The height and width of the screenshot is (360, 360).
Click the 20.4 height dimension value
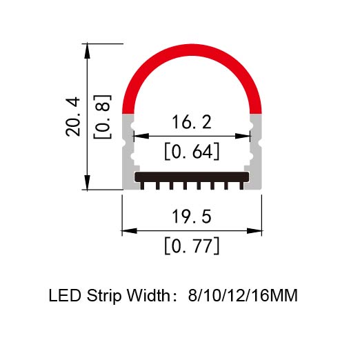point(73,117)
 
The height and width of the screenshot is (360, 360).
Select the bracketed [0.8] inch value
point(102,117)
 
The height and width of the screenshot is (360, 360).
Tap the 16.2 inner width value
point(192,122)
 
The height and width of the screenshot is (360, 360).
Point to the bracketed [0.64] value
point(192,152)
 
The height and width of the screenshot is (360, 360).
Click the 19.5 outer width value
point(192,217)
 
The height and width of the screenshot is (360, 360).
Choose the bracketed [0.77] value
point(192,246)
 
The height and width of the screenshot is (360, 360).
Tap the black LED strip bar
point(192,177)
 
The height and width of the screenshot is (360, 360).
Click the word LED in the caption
point(65,295)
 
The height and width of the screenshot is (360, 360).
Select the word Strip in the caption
point(104,297)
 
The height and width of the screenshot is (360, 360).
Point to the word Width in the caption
point(149,295)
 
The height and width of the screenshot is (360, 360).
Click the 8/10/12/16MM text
point(243,296)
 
